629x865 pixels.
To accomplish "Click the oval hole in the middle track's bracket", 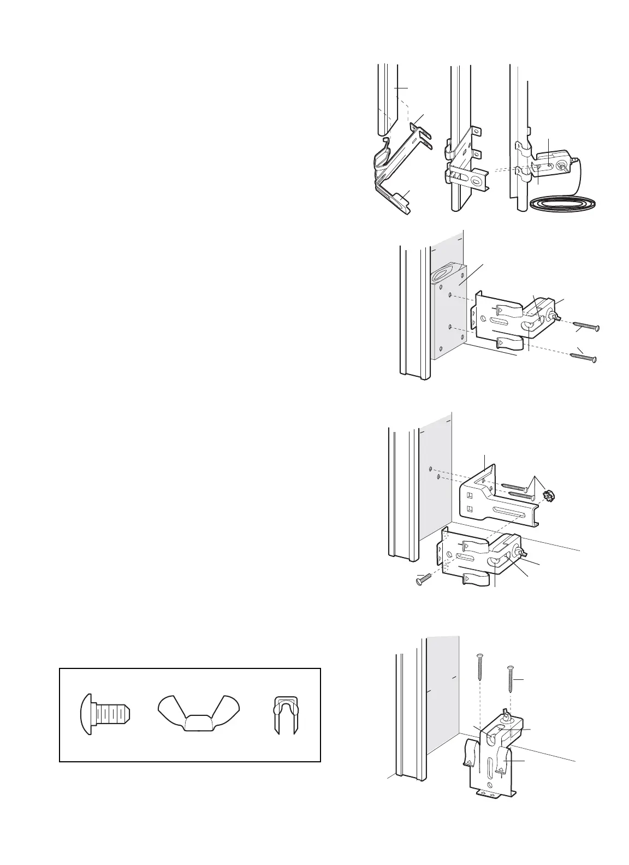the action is [x=478, y=182].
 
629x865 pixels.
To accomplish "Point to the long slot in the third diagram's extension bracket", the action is [x=511, y=511].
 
